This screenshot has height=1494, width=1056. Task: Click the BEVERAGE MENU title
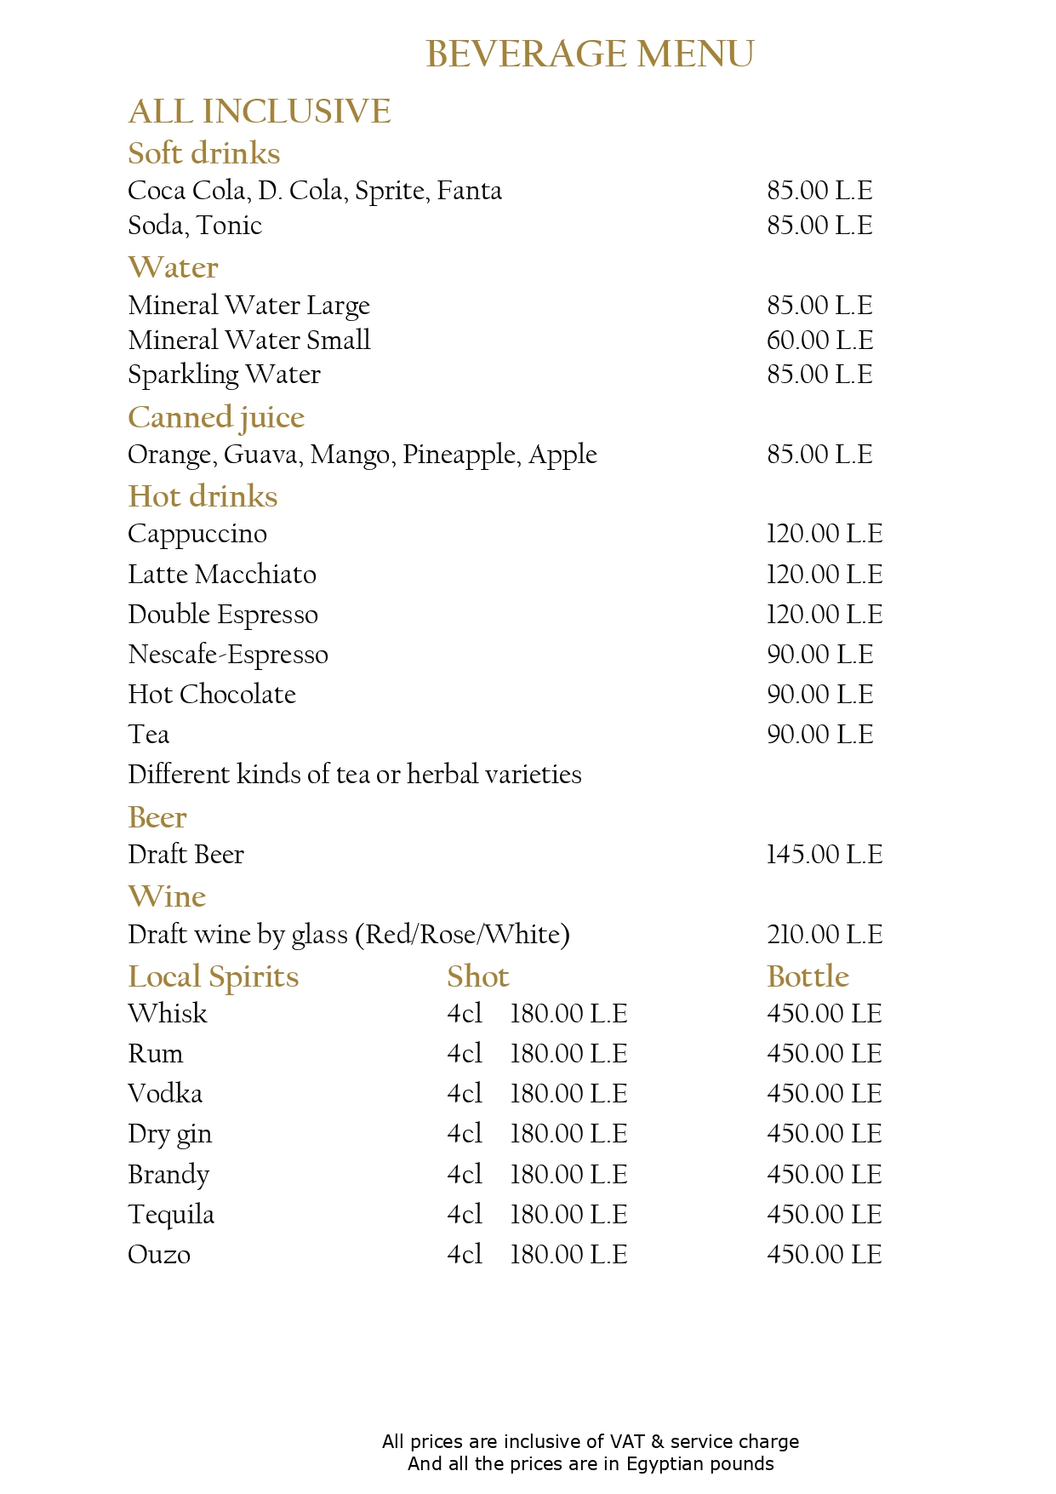[590, 54]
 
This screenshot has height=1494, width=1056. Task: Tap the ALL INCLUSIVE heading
[260, 112]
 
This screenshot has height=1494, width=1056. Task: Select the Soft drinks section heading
[204, 154]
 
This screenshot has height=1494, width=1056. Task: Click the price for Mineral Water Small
[819, 341]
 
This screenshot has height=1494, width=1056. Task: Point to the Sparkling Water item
[224, 375]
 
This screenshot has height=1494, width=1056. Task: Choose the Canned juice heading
[216, 417]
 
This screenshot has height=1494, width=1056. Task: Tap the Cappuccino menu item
[197, 535]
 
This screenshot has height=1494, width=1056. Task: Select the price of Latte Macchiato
[824, 575]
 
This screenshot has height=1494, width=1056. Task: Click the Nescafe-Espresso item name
[228, 655]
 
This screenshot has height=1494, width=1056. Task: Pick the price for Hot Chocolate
[819, 695]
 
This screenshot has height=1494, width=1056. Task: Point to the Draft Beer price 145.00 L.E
[824, 855]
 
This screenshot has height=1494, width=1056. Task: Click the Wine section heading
[167, 897]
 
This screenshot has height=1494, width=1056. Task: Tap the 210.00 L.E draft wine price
[824, 935]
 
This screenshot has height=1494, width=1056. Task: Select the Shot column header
[478, 977]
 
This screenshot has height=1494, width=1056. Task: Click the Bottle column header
[808, 977]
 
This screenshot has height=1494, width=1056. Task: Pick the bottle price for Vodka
[824, 1094]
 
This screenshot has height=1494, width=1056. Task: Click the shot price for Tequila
[568, 1215]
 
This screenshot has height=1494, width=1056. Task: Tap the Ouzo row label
[159, 1255]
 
